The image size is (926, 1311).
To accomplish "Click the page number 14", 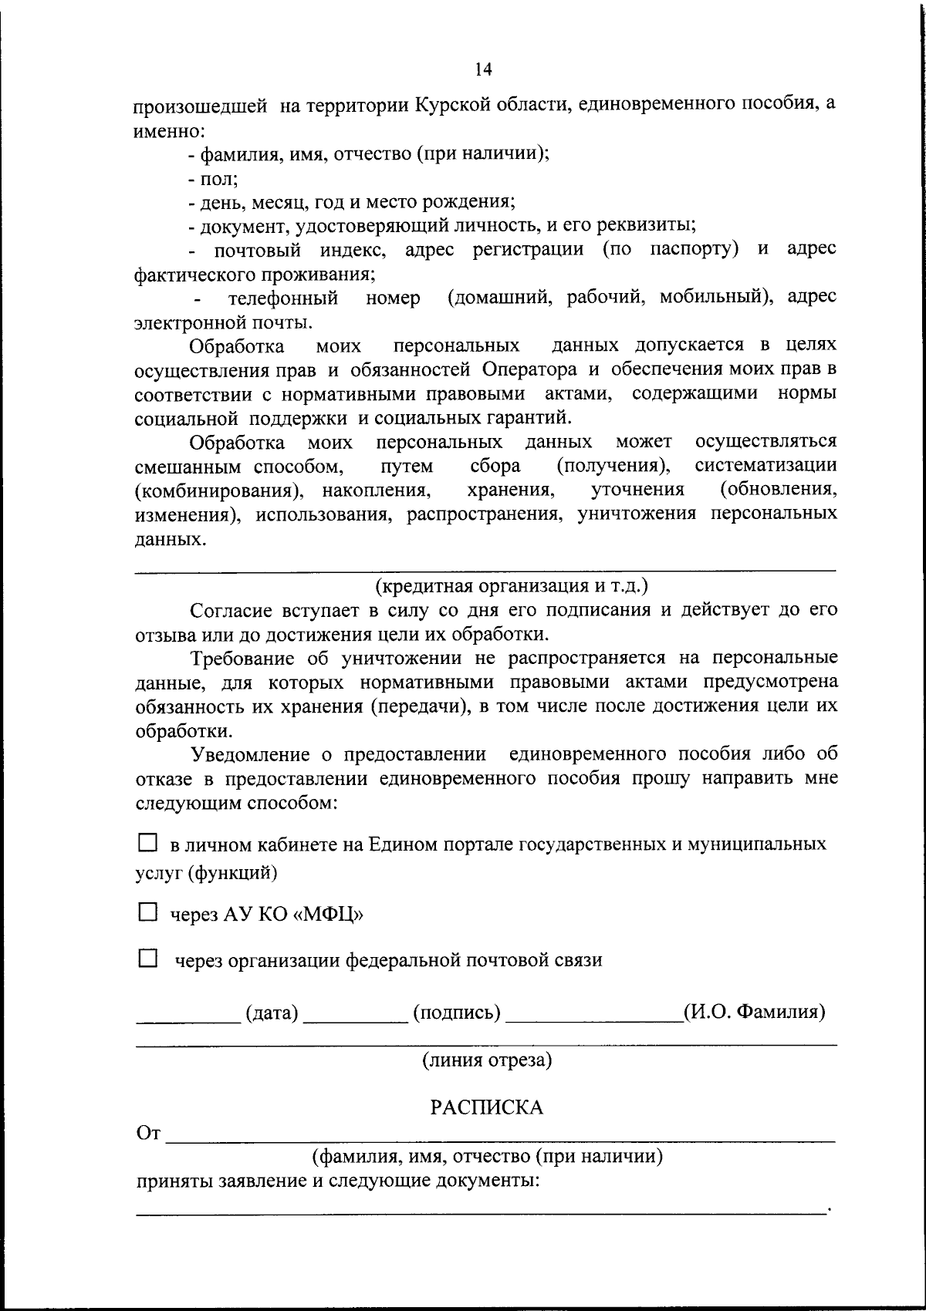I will click(x=483, y=69).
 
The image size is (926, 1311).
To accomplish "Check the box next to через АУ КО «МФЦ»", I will click(x=147, y=912).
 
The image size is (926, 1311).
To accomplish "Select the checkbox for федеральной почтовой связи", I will click(x=147, y=959).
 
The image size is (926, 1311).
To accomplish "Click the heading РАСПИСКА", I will click(x=486, y=1107).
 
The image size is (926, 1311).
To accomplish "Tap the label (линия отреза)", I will click(x=486, y=1060).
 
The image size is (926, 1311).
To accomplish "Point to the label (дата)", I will click(x=272, y=1012).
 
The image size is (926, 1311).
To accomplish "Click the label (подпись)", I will click(x=457, y=1012).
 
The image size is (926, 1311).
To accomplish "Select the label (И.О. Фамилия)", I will click(x=754, y=1011).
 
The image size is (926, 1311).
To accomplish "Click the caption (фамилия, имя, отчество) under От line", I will click(x=486, y=1156).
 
